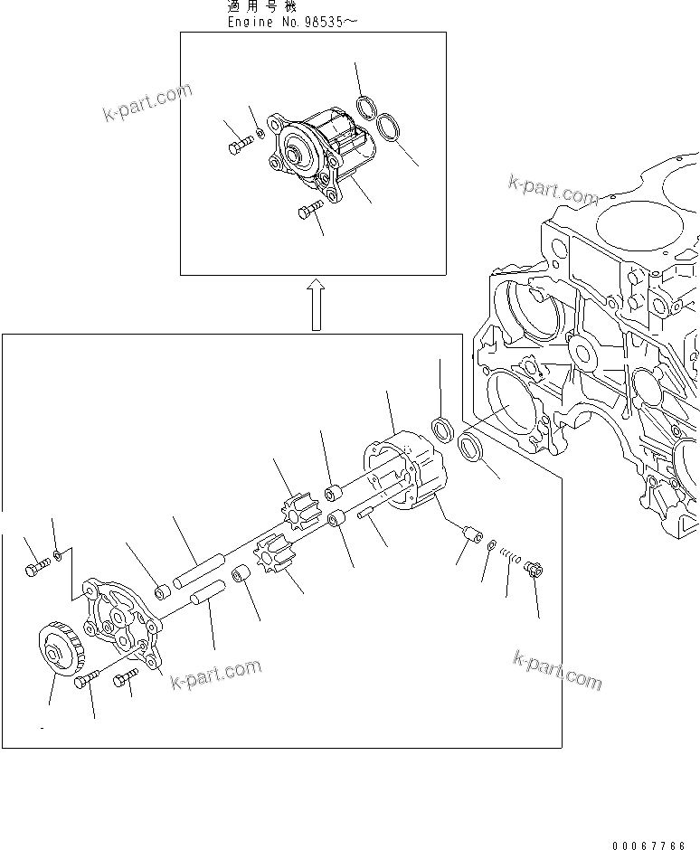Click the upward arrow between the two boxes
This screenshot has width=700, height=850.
click(314, 304)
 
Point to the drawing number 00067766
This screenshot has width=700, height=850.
click(648, 845)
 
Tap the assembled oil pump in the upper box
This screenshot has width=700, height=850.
click(326, 159)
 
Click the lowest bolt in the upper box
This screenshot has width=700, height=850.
click(308, 212)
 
